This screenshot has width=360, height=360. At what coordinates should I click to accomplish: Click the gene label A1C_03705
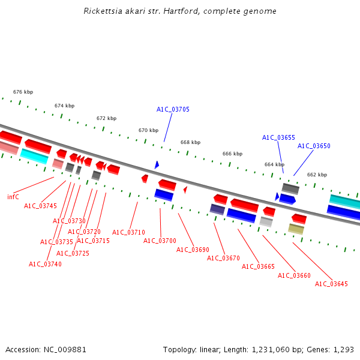click(x=173, y=109)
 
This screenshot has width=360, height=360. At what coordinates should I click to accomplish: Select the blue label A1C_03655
click(x=278, y=137)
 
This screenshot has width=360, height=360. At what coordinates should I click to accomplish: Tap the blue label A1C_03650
click(x=314, y=146)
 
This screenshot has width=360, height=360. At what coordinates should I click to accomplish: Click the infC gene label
click(x=13, y=197)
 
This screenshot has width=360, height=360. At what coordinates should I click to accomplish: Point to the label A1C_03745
click(x=40, y=206)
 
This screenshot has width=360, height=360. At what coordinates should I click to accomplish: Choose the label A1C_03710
click(x=128, y=232)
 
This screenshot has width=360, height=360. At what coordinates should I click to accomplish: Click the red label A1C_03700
click(x=160, y=241)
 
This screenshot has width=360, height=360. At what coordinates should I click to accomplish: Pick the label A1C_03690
click(x=193, y=250)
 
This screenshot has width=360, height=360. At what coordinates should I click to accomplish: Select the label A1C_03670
click(x=223, y=258)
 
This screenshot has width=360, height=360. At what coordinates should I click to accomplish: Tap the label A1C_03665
click(x=258, y=266)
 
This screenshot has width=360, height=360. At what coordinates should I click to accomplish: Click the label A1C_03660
click(x=294, y=275)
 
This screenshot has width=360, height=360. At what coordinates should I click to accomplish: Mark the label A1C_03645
click(x=331, y=284)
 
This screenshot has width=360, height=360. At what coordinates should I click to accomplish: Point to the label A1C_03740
click(x=45, y=264)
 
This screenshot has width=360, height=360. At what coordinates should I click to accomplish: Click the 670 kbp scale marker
click(x=148, y=130)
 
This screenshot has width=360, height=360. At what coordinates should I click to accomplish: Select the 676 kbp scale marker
click(x=23, y=92)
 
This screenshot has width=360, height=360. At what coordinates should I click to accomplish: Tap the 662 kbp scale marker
click(x=317, y=175)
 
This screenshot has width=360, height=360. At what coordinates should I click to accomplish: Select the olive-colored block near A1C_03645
click(x=296, y=229)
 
